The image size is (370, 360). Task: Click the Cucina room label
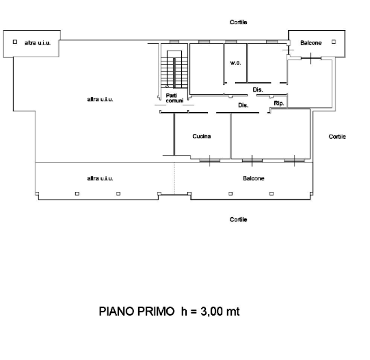202,136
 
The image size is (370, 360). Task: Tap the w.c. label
235,63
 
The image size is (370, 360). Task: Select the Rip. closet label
279,104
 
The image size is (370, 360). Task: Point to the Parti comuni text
174,98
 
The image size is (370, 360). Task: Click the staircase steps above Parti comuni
174,69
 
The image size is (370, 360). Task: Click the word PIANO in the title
117,311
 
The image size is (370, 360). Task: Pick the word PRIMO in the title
156,311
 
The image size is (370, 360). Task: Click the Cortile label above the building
238,22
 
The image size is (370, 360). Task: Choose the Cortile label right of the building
337,137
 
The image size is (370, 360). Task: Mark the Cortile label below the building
238,219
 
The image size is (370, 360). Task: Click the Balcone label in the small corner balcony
310,43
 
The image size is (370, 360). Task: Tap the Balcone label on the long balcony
254,178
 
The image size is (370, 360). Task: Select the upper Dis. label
258,89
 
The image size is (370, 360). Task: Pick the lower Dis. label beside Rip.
243,105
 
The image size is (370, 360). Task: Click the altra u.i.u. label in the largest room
100,99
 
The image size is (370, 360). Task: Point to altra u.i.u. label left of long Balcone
100,178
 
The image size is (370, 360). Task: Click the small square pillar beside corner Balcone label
334,42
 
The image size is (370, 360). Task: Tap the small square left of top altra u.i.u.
15,42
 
